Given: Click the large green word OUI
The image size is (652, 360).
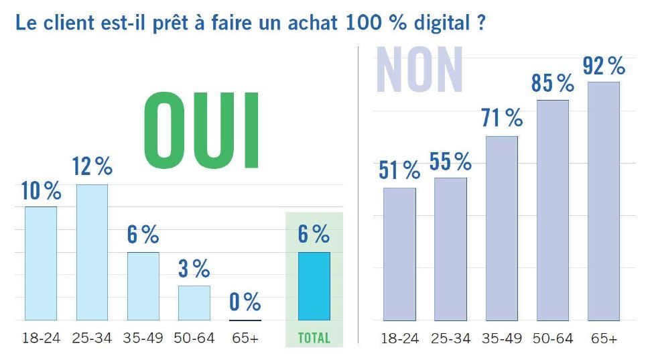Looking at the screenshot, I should coord(202,128).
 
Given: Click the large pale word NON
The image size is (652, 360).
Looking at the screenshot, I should coord(419,69).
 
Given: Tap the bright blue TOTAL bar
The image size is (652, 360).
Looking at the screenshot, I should coord(314,286).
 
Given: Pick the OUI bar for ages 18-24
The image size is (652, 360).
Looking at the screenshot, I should coord(41,263).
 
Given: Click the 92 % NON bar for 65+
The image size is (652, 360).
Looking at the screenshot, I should coord(603,201).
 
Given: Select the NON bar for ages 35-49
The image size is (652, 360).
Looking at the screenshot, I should coord(501,228).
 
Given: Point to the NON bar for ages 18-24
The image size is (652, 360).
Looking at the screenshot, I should coord(399,254).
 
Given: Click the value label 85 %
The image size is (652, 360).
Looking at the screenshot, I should coord(552,83).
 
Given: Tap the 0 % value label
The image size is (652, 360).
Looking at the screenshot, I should coord(245,302).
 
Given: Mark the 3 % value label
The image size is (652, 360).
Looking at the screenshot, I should coord(194,269).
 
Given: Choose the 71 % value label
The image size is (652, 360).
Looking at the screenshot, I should coord(501,119).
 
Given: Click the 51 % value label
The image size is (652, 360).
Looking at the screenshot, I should coord(399,170).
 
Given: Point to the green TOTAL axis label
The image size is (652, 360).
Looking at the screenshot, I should coord(314,338).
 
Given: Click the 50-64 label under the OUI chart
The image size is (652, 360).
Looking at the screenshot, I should coord(194,338).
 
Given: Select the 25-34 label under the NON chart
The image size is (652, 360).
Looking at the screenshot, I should coord(450,339).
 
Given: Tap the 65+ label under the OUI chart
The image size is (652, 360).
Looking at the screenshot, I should coord(245,338).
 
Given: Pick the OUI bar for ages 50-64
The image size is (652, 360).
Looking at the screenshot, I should coord(194,303).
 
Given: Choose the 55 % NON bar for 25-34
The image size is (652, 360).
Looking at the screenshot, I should coord(450,249).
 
